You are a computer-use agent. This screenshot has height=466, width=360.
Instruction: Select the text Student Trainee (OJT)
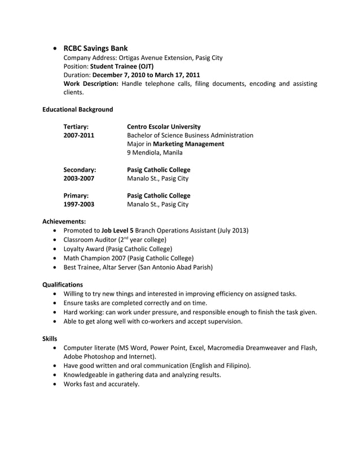click(x=122, y=66)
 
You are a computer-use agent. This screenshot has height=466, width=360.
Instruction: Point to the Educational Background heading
click(x=78, y=109)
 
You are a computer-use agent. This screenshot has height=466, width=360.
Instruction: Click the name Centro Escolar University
click(x=164, y=127)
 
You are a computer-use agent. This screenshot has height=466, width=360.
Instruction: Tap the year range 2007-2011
click(x=79, y=135)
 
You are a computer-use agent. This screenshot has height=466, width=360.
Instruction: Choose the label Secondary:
click(x=80, y=170)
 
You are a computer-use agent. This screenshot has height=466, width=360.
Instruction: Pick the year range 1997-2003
click(x=79, y=205)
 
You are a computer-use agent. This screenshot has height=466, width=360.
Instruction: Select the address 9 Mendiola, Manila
click(x=155, y=152)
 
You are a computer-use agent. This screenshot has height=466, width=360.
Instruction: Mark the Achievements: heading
click(x=64, y=222)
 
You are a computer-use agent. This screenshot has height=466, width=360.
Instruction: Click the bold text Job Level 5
click(x=117, y=231)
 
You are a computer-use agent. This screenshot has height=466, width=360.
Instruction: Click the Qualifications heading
click(x=63, y=285)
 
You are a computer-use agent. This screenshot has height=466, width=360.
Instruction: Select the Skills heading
click(x=50, y=338)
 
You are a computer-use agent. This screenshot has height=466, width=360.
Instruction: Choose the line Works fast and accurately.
click(x=102, y=384)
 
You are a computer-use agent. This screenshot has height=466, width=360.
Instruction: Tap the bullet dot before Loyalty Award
click(x=54, y=249)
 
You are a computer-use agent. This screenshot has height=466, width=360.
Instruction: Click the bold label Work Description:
click(x=91, y=84)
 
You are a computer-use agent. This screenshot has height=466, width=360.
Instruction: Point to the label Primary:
click(x=76, y=196)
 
